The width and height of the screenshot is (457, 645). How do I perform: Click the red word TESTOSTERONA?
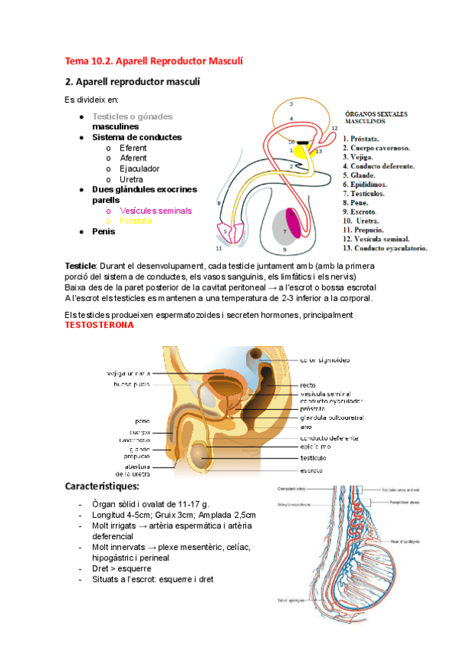(99, 326)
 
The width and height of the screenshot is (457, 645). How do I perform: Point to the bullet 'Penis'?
(104, 230)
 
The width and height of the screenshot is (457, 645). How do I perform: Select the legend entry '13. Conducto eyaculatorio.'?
(385, 248)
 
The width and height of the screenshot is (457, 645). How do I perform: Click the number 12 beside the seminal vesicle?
(334, 129)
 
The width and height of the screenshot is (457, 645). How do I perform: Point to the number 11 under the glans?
(219, 249)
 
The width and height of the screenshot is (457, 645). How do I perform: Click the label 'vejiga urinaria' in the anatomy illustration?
(127, 373)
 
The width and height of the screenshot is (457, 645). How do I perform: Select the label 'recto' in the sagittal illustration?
(308, 385)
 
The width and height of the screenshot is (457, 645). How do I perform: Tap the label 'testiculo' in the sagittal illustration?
(313, 458)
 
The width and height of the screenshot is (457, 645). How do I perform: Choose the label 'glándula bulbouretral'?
(331, 417)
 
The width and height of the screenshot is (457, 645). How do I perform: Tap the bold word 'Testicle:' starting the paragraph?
(79, 265)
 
